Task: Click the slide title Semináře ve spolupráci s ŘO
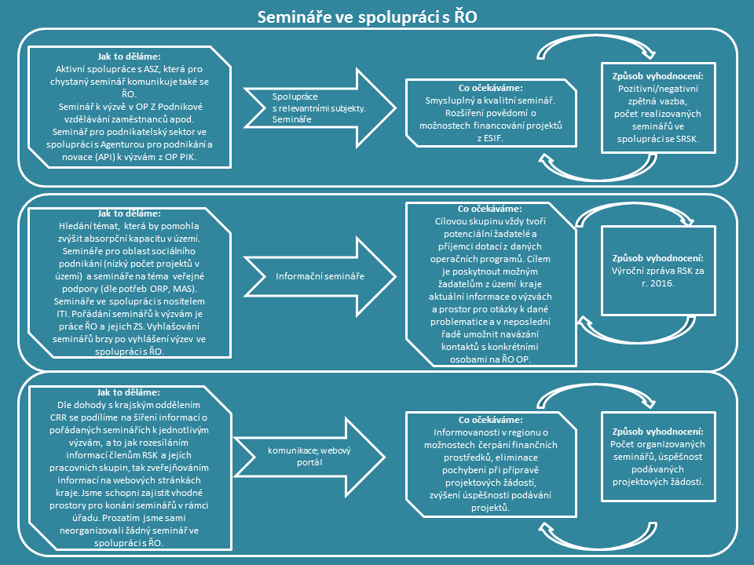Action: tap(367, 17)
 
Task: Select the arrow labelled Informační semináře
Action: tap(320, 276)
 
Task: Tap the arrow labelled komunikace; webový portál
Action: tap(309, 457)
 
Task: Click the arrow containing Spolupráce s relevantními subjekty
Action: tap(320, 108)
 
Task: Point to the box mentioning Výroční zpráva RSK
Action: tap(658, 271)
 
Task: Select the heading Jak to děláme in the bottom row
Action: tap(128, 392)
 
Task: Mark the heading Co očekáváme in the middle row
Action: tap(490, 209)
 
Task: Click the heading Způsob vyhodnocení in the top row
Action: tap(658, 76)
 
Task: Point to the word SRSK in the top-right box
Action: tap(687, 139)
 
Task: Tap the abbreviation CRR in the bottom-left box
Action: tap(58, 417)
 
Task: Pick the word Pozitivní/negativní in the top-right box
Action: tap(658, 89)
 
